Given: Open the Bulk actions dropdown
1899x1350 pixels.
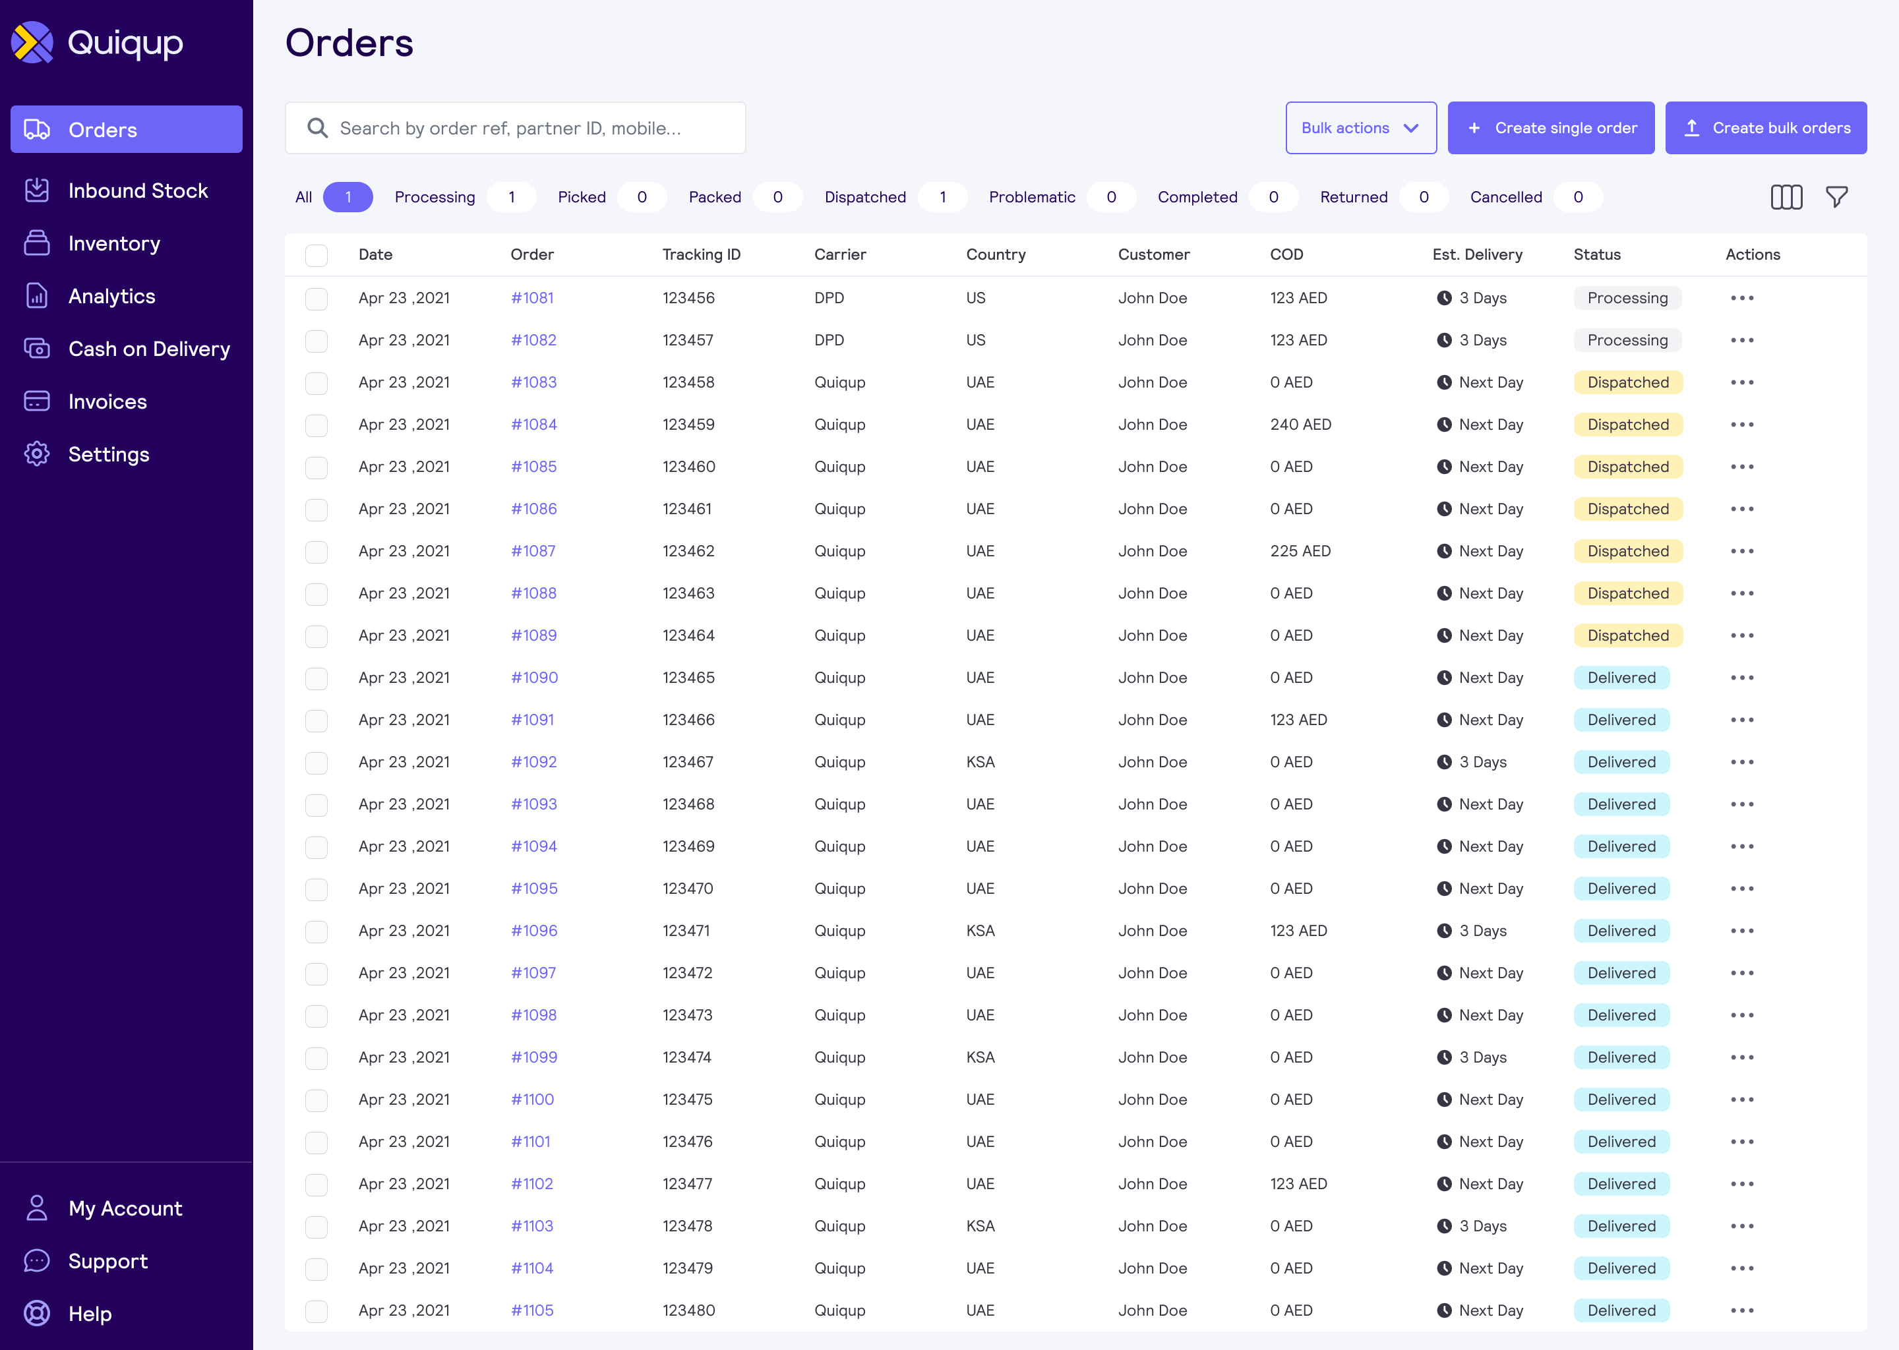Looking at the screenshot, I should click(x=1360, y=128).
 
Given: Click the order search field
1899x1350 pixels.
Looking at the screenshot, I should click(x=516, y=128).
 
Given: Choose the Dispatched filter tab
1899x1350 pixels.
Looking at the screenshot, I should click(x=864, y=197).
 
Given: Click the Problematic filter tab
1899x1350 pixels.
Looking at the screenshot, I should click(x=1031, y=197).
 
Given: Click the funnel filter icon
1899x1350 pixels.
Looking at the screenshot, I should click(x=1836, y=197).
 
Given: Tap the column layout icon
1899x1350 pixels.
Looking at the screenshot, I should click(x=1786, y=197).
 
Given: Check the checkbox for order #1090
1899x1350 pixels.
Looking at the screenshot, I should click(x=316, y=678).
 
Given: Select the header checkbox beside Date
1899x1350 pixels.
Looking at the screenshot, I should click(x=316, y=255).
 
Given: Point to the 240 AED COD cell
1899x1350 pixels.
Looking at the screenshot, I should click(x=1300, y=425).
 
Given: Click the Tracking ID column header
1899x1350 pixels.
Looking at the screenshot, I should click(x=701, y=254).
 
